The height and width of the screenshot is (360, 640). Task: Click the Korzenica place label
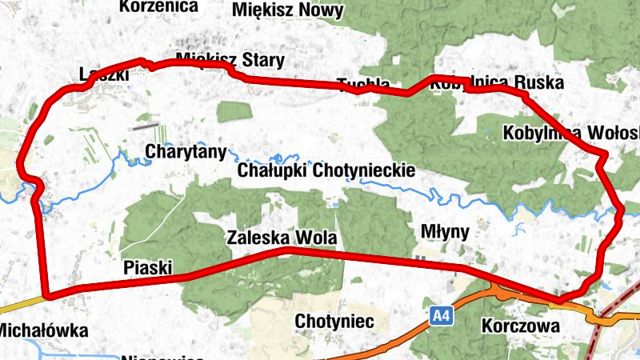pyautogui.click(x=158, y=6)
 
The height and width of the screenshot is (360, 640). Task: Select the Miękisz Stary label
pyautogui.click(x=229, y=60)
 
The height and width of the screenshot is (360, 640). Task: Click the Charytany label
pyautogui.click(x=186, y=150)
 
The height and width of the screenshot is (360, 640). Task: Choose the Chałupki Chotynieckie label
pyautogui.click(x=326, y=170)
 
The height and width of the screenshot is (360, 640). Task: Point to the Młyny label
pyautogui.click(x=444, y=231)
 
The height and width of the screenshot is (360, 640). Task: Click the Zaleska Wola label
pyautogui.click(x=281, y=238)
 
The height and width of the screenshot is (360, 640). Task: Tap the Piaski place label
pyautogui.click(x=149, y=267)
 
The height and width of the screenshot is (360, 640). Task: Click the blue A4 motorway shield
pyautogui.click(x=441, y=315)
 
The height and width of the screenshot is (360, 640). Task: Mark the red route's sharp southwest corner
pyautogui.click(x=47, y=296)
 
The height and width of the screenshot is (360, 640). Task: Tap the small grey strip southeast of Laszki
pyautogui.click(x=145, y=126)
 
